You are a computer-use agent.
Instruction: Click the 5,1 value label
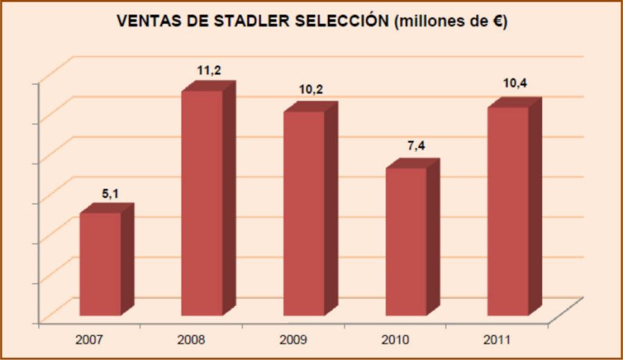(x=111, y=194)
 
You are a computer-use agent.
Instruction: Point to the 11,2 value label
(x=209, y=71)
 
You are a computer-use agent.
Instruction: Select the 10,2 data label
(x=311, y=90)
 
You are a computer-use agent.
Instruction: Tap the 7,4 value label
(x=416, y=146)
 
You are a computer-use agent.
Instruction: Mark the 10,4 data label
(x=515, y=83)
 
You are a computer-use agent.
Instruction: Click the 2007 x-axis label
(x=89, y=340)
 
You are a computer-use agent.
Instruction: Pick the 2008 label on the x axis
(x=191, y=340)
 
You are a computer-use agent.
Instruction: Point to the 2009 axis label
(x=294, y=340)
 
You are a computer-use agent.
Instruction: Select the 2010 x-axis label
(x=395, y=340)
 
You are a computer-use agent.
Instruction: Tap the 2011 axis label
(x=497, y=340)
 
